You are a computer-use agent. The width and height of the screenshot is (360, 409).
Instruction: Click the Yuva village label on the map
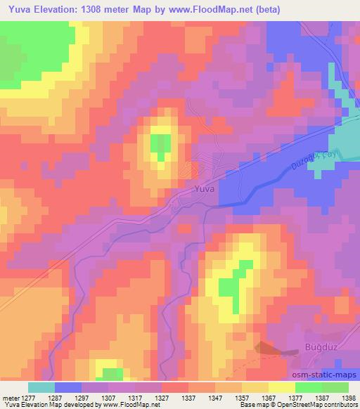pos(205,189)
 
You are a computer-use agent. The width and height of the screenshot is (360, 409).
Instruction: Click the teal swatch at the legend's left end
pos(41,387)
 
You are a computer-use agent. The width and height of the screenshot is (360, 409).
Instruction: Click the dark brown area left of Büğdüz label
pos(269,347)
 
